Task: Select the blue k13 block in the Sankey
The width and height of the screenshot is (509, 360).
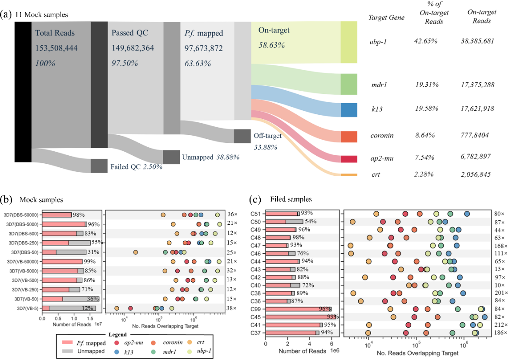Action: coord(349,110)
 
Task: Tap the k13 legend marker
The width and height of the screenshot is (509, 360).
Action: coord(117,351)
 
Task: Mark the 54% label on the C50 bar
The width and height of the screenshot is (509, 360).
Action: coord(311,222)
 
